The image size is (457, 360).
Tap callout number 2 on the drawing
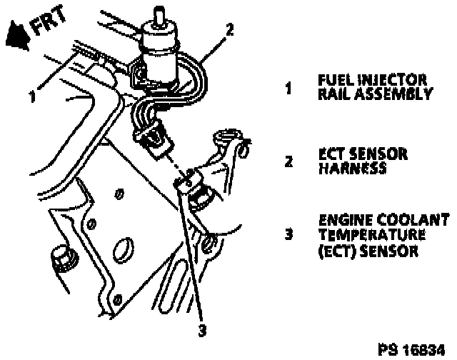pyautogui.click(x=229, y=30)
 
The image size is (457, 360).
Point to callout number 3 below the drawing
pyautogui.click(x=202, y=330)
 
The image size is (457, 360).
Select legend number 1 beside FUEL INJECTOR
pyautogui.click(x=288, y=89)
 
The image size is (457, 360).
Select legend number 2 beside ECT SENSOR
pyautogui.click(x=288, y=161)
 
